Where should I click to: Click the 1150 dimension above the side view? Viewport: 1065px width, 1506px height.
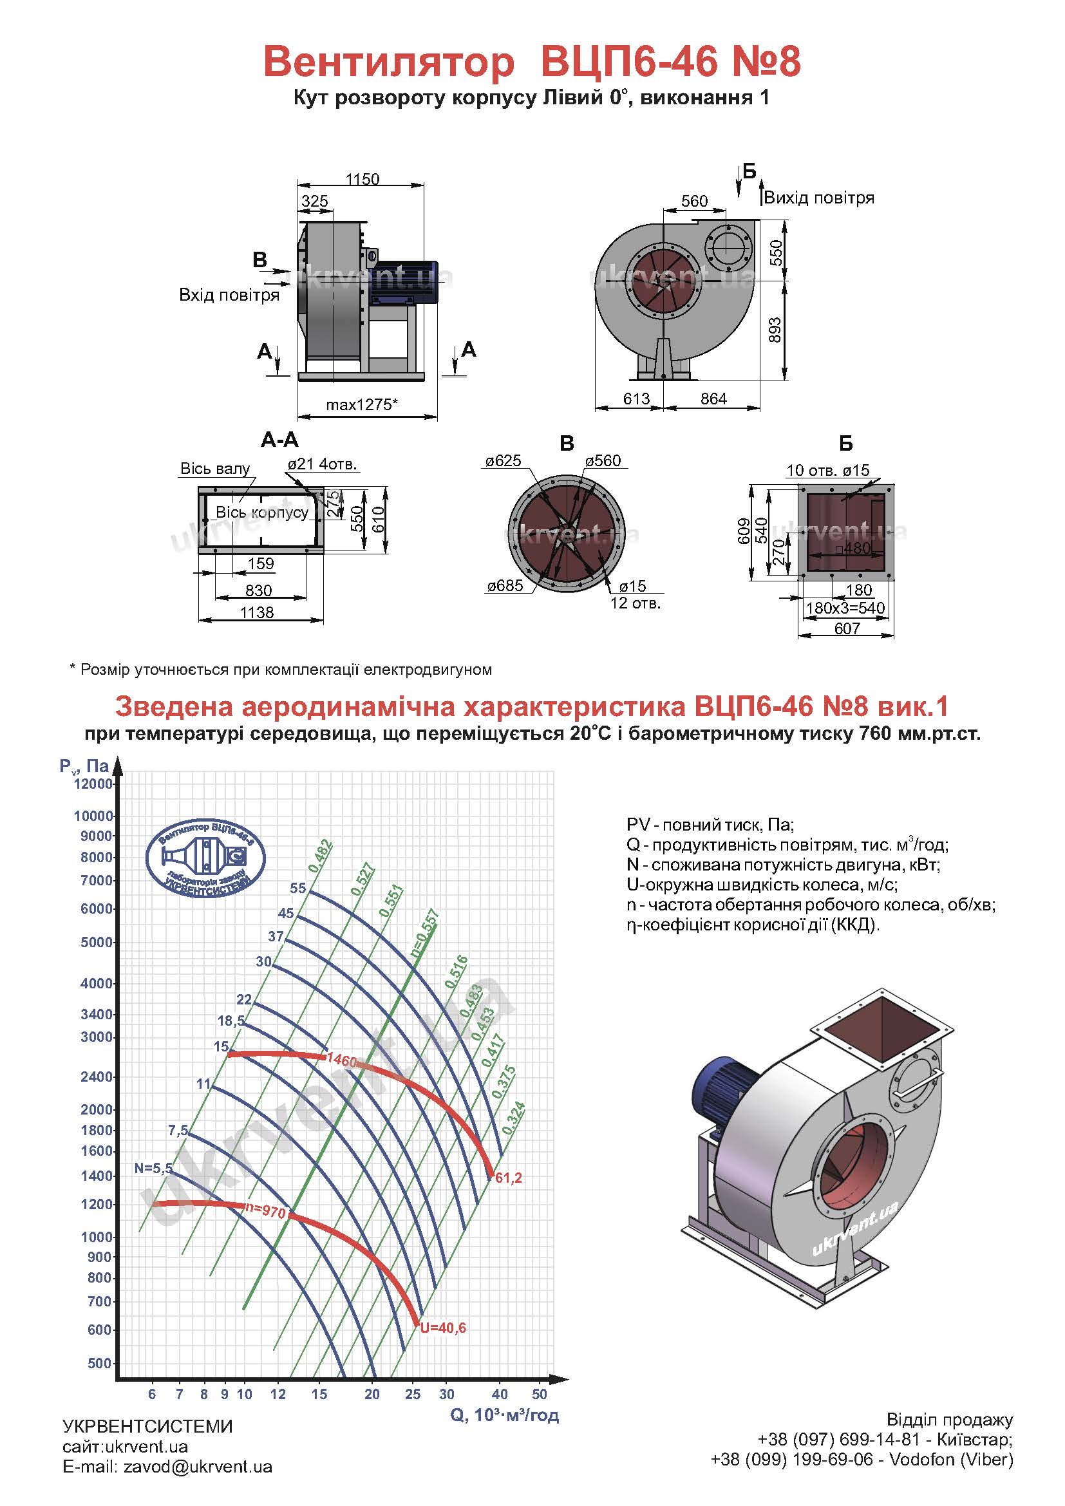click(x=363, y=179)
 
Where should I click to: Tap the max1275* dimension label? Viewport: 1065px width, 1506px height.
click(x=362, y=405)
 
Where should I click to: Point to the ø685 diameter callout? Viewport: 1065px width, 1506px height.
click(x=505, y=585)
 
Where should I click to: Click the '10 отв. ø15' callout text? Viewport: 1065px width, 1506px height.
click(x=827, y=469)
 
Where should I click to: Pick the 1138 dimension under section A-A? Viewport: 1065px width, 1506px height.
click(x=256, y=612)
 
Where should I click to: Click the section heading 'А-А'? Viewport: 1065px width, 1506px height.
click(x=279, y=440)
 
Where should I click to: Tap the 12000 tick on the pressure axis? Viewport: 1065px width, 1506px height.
click(x=94, y=784)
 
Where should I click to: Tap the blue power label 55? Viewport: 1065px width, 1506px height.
click(x=298, y=888)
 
